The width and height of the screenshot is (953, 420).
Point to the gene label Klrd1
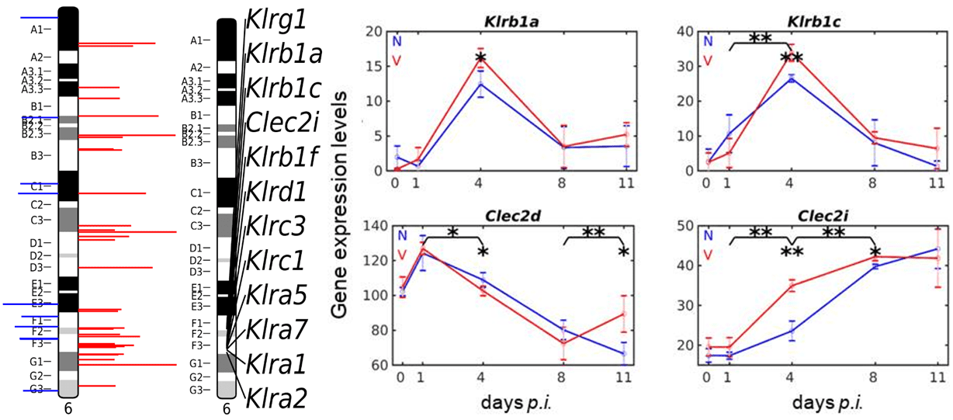(x=276, y=190)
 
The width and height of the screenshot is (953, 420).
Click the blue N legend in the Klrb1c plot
(x=706, y=40)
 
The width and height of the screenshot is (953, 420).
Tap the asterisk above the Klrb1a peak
(x=480, y=59)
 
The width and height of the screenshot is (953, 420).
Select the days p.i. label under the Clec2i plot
(x=825, y=404)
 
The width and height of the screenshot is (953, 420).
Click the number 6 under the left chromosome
(x=68, y=404)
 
